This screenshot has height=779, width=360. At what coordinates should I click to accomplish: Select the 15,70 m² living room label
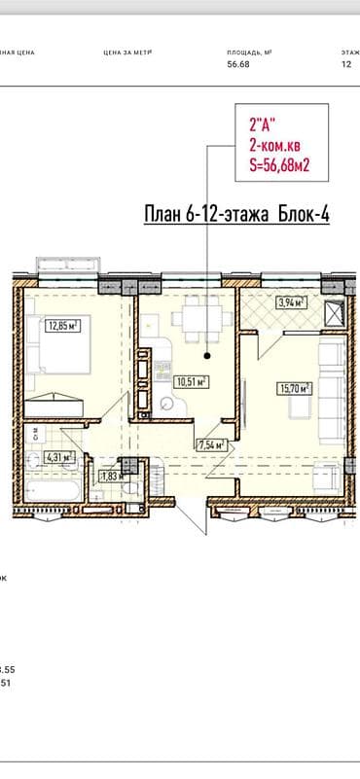point(294,389)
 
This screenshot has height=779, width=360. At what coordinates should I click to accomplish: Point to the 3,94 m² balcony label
point(292,302)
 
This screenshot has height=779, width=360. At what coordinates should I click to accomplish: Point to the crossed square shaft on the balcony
point(334,313)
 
